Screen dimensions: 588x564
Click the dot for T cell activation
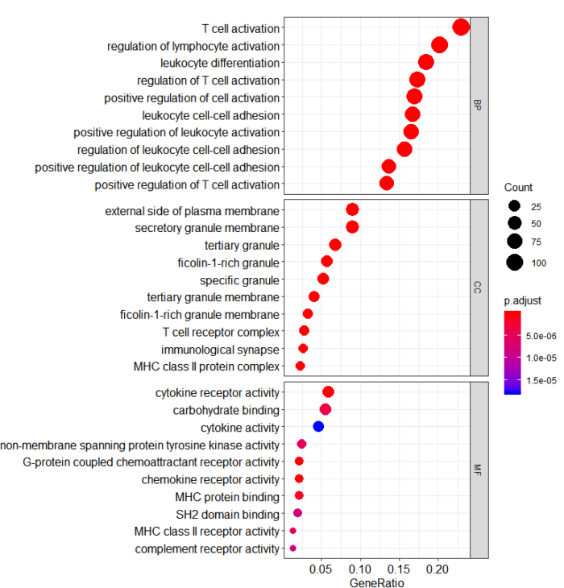tap(461, 27)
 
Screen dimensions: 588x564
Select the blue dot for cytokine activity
tap(318, 426)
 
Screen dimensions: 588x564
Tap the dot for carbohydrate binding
tap(326, 409)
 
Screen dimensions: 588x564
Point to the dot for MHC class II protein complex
tap(301, 366)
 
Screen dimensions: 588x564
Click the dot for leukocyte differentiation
tap(426, 62)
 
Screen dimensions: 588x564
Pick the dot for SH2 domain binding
tap(297, 513)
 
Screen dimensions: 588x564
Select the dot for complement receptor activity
tap(292, 549)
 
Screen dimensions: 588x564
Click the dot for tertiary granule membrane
tap(314, 296)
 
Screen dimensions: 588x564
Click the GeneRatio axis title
tap(377, 582)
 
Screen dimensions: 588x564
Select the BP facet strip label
tap(479, 106)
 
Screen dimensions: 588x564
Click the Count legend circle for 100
tap(515, 262)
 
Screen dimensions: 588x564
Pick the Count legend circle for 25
tap(515, 206)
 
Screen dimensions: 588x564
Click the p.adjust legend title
tap(523, 300)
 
